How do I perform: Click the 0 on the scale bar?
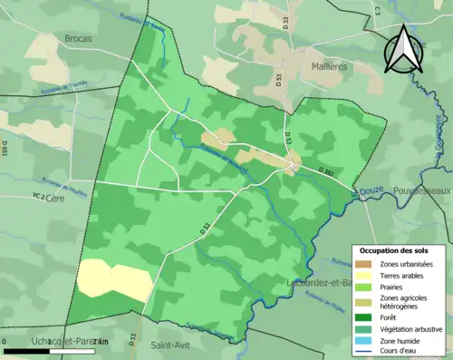pyautogui.click(x=5, y=341)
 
